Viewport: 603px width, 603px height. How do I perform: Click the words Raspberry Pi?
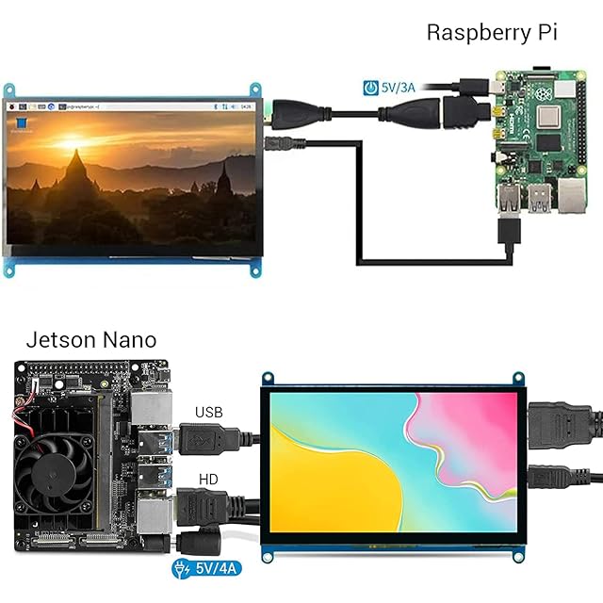click(x=492, y=31)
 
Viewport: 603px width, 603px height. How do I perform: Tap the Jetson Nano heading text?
click(x=91, y=339)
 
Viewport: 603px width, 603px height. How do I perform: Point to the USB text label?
click(x=209, y=412)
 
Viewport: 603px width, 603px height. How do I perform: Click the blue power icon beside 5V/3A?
click(x=372, y=88)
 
